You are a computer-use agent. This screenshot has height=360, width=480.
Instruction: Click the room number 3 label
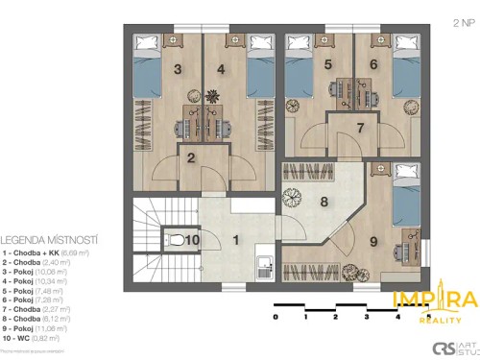tap(178, 69)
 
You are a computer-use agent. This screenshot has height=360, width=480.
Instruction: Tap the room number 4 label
tap(220, 69)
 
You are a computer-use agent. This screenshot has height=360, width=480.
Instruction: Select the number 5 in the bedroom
tap(328, 65)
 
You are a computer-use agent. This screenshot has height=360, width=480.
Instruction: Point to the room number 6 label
tap(372, 65)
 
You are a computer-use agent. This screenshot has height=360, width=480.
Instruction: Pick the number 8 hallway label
tap(324, 202)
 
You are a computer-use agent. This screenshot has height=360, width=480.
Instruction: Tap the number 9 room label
tap(372, 242)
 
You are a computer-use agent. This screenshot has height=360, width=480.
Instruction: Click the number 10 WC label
tap(191, 240)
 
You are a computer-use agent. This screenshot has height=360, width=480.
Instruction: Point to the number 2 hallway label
tap(191, 158)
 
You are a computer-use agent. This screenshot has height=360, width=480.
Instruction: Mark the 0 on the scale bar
tap(276, 315)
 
